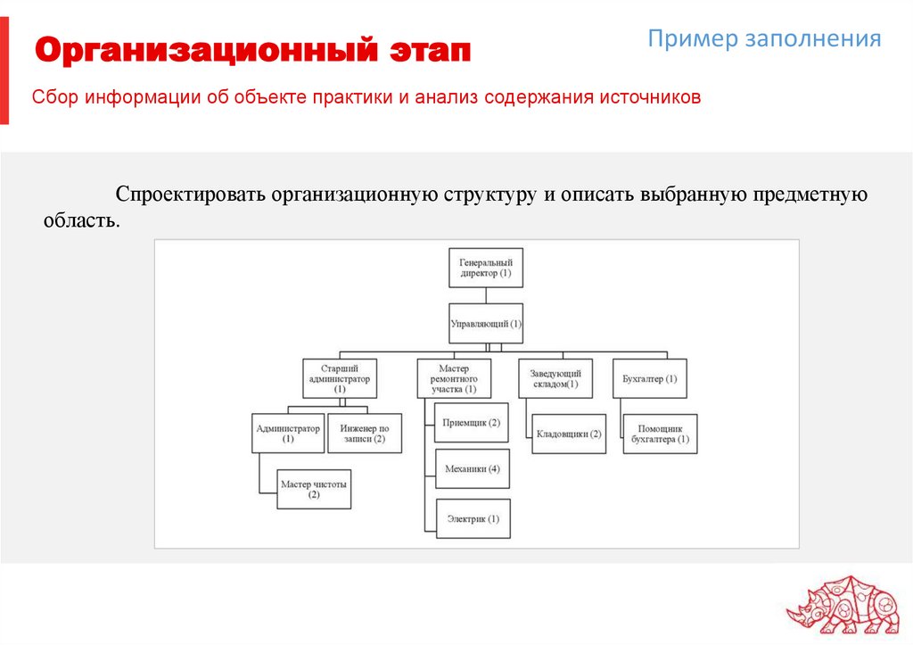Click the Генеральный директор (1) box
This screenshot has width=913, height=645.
click(486, 268)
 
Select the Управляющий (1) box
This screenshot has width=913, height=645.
click(486, 323)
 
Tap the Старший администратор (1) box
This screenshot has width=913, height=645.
click(340, 378)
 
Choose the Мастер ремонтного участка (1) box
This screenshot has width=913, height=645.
click(453, 378)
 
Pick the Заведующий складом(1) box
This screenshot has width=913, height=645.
click(555, 378)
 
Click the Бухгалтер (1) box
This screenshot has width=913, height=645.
click(650, 378)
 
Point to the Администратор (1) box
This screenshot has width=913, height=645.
click(288, 434)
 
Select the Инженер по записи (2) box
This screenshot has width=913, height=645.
click(364, 434)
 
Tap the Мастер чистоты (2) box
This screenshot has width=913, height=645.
click(314, 489)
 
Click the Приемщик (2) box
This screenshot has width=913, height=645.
click(472, 422)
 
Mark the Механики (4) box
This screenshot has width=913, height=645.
click(472, 469)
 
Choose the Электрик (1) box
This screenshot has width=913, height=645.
click(473, 518)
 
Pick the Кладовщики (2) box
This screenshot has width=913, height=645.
click(569, 434)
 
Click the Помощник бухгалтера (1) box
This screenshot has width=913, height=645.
click(660, 434)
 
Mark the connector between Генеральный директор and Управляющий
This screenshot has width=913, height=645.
click(486, 295)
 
